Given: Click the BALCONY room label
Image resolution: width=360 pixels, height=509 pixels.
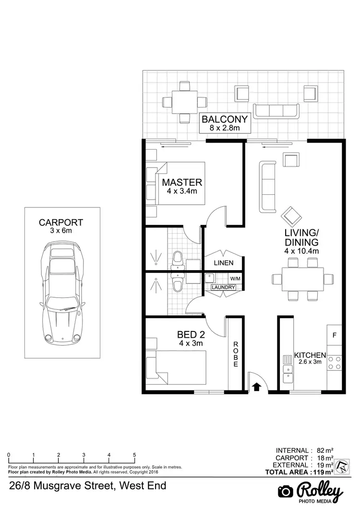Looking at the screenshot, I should coord(225,119).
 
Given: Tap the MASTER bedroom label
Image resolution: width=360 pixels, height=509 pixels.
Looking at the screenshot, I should coord(182,182).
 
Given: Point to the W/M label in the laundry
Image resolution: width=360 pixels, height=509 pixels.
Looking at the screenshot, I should coord(235,278).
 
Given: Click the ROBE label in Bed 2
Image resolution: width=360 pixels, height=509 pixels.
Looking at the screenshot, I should coord(236,354).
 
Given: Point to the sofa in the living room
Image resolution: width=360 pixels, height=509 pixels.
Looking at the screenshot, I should coord(267,187).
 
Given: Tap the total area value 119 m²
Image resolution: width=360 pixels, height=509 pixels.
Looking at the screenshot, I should coord(323,472).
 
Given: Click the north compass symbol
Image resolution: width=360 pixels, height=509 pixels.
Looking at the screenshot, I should coord(341,465).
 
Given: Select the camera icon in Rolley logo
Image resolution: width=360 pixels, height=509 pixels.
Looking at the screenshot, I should coord(286,492).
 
